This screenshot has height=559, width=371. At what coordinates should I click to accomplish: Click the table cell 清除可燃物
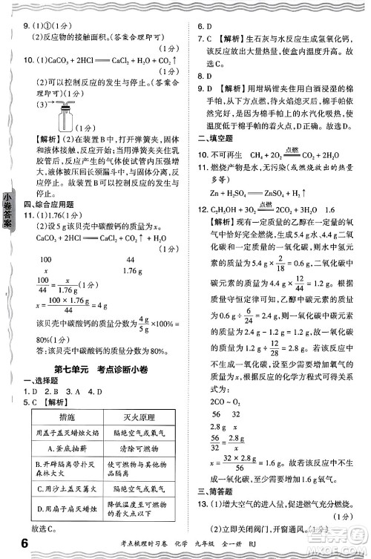(x=138, y=448)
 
